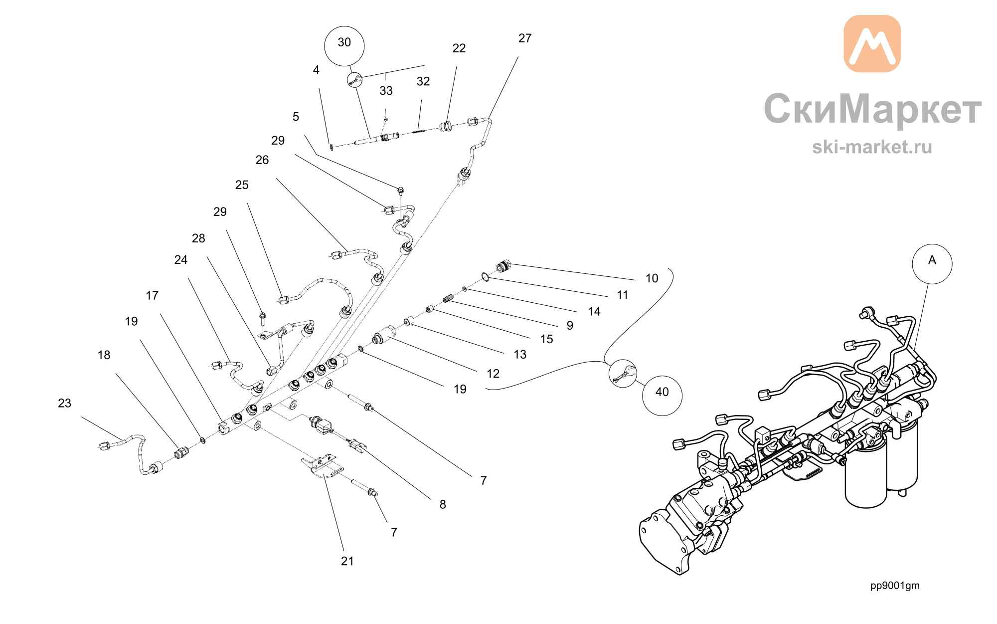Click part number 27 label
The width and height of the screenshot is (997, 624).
click(525, 38)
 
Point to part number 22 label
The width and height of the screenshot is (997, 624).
click(459, 48)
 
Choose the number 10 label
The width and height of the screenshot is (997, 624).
click(652, 278)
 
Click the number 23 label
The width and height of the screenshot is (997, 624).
click(65, 403)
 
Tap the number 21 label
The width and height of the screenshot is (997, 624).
click(347, 561)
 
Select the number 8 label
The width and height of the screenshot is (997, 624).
click(443, 505)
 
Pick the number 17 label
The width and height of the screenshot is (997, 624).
click(152, 296)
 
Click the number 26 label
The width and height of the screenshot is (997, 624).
click(262, 160)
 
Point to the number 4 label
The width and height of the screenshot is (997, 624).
click(316, 70)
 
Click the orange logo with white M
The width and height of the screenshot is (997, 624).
click(872, 43)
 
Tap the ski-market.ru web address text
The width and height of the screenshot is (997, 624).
click(872, 147)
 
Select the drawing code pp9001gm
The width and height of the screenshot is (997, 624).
click(895, 586)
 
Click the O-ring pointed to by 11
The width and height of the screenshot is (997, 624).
click(485, 276)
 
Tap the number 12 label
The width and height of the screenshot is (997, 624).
click(493, 374)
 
